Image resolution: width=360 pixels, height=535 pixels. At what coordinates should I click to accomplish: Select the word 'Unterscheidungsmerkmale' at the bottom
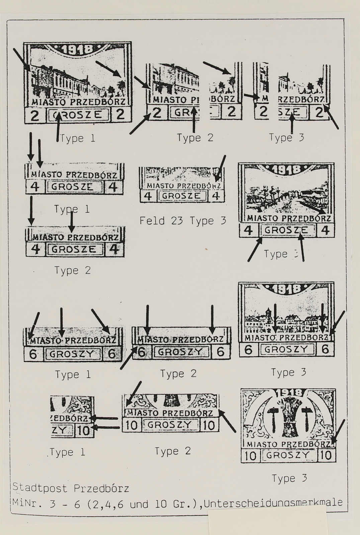(x=273, y=503)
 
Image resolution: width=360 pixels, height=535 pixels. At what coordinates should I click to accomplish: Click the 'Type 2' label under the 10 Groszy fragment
(x=173, y=451)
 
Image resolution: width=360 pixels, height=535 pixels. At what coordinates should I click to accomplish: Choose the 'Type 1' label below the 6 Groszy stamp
(x=73, y=374)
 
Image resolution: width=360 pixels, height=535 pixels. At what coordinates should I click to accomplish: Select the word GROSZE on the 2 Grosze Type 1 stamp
(x=80, y=115)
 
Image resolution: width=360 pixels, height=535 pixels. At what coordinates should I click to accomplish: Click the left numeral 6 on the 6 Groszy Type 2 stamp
(x=142, y=352)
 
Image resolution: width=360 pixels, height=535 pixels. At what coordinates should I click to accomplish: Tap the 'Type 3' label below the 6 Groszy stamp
(x=288, y=372)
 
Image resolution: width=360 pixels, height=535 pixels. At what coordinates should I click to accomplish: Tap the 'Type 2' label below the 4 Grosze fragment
(x=73, y=270)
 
